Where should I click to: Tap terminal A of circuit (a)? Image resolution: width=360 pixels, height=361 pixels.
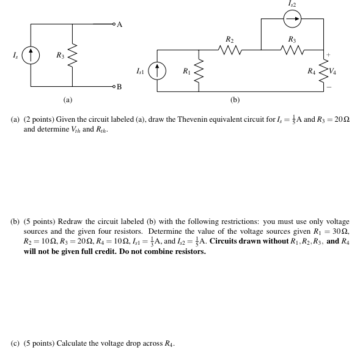(114, 24)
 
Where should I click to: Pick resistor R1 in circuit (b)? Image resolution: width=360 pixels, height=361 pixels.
(198, 72)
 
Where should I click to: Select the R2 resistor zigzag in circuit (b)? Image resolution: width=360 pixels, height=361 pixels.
(229, 51)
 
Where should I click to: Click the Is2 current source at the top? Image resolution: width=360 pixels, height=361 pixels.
(292, 20)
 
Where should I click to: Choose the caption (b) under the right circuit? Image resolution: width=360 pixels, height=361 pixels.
(235, 99)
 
